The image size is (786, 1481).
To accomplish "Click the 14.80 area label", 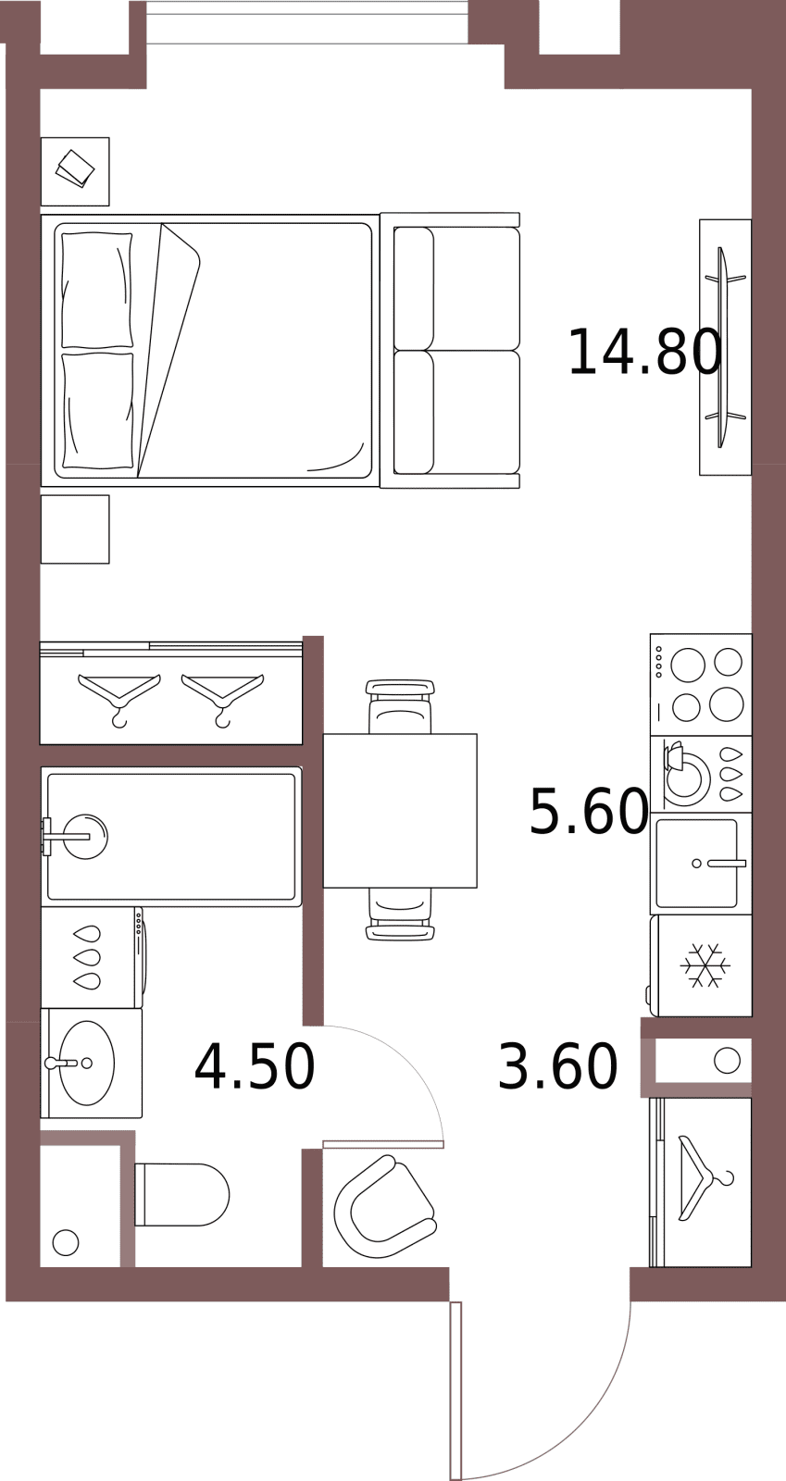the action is click(644, 353).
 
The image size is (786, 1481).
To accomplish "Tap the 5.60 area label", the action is click(589, 811).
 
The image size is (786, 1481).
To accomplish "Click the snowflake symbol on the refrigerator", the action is click(705, 966).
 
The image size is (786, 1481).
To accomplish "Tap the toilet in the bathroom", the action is click(181, 1195).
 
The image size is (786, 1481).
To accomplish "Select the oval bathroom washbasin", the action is click(87, 1064).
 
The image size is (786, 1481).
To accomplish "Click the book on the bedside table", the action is click(75, 168).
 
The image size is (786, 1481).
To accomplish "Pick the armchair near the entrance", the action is click(385, 1207).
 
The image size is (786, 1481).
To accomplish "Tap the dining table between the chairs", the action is click(400, 811).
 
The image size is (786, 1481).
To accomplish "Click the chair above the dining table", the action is click(400, 706).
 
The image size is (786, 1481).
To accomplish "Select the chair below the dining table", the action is click(400, 914).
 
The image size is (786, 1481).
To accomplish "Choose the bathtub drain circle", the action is click(85, 837).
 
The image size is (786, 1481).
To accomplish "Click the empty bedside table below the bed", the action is click(75, 529).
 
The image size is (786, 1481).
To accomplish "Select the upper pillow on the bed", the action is click(97, 290).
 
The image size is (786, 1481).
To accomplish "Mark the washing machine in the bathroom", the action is click(94, 957).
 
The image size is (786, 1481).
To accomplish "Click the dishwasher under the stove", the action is click(701, 774).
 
